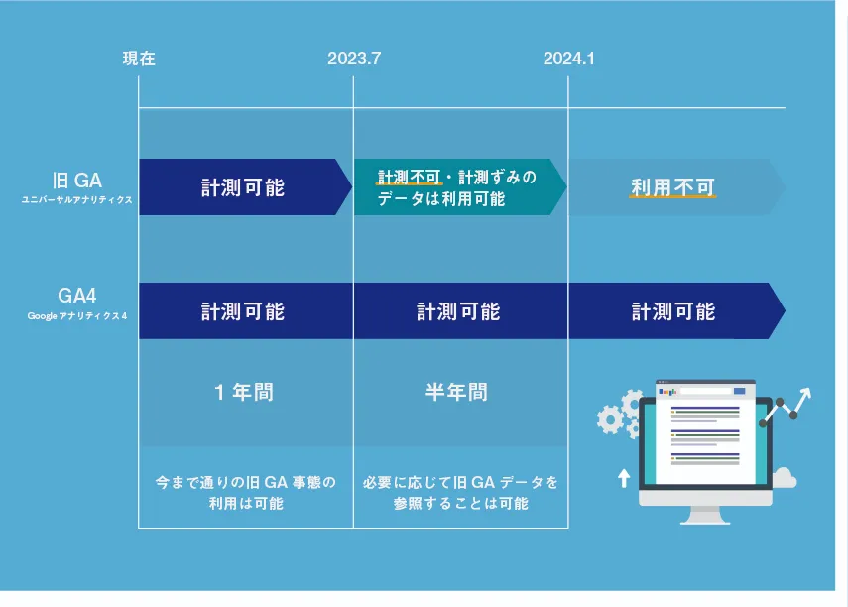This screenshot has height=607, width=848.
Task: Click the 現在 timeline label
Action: (139, 59)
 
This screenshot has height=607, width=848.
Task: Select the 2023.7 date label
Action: (354, 59)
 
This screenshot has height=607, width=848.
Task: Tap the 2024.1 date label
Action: (569, 59)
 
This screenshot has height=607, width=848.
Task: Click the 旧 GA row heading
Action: (76, 181)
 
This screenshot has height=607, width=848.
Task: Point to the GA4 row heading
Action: (76, 296)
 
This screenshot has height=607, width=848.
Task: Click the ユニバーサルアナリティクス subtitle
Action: (76, 200)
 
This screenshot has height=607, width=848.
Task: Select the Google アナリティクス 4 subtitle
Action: (76, 316)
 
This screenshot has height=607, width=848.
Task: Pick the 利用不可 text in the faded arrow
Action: (672, 187)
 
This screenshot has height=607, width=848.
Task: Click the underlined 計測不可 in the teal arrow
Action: (409, 177)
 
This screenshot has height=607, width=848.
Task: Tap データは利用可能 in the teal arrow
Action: (440, 199)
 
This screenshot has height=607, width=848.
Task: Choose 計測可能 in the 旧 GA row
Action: (243, 187)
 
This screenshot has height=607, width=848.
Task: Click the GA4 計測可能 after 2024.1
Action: (673, 311)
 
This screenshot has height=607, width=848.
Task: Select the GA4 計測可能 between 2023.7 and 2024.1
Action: (458, 311)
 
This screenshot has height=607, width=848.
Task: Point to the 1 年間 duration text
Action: (244, 392)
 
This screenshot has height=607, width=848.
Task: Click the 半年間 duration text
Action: (456, 392)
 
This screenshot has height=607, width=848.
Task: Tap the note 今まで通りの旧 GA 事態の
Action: (246, 482)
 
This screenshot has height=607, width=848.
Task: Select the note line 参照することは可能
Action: (461, 504)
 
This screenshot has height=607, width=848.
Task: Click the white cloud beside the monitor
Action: (785, 479)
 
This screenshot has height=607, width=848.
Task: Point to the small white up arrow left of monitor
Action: (624, 478)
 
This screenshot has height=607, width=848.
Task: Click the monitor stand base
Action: (705, 521)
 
